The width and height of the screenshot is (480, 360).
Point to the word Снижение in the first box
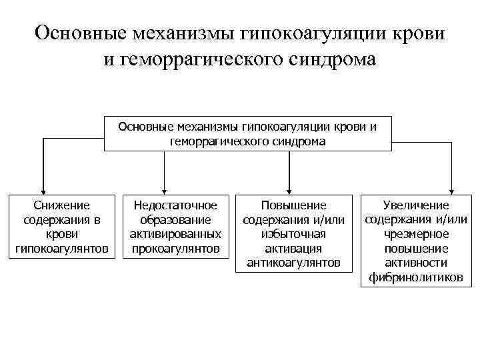(x=61, y=205)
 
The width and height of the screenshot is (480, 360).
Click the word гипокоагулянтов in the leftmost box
(x=61, y=249)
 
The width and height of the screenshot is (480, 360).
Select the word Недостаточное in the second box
(x=176, y=205)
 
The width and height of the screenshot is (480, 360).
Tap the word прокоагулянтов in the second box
(x=176, y=249)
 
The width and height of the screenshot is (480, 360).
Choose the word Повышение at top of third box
(x=293, y=205)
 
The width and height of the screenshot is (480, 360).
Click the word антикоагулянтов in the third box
(x=293, y=263)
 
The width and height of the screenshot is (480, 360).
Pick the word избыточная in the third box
(x=293, y=234)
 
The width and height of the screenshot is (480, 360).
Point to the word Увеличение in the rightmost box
(x=416, y=205)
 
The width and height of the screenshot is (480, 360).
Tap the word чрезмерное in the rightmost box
(x=416, y=234)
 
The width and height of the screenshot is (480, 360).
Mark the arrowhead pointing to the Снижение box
(x=43, y=189)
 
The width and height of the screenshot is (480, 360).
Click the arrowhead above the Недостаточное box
(x=165, y=189)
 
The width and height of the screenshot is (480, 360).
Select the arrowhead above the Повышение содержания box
(x=289, y=189)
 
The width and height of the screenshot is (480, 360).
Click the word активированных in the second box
(x=176, y=234)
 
